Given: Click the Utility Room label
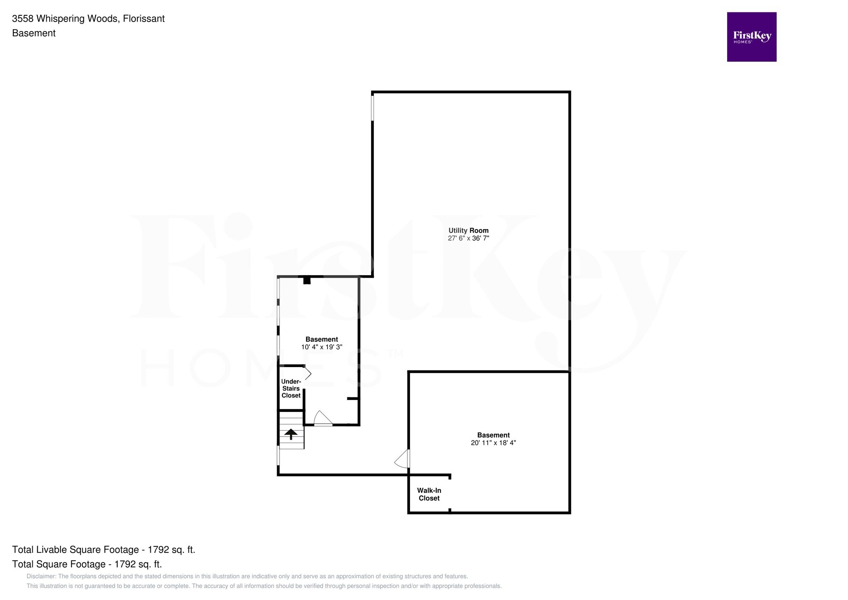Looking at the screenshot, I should pyautogui.click(x=468, y=230).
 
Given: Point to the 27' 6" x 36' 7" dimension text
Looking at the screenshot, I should pyautogui.click(x=468, y=238).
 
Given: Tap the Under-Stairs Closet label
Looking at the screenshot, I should pyautogui.click(x=291, y=388).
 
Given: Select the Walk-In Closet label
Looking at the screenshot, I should pyautogui.click(x=429, y=494).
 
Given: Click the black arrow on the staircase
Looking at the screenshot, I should pyautogui.click(x=291, y=434).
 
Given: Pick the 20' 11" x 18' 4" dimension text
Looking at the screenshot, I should pyautogui.click(x=493, y=443).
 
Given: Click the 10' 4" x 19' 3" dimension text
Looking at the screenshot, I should pyautogui.click(x=322, y=347).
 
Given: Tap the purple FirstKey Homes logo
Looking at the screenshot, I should pyautogui.click(x=752, y=37).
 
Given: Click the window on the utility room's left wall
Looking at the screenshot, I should pyautogui.click(x=372, y=108).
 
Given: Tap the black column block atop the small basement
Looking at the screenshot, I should pyautogui.click(x=307, y=281).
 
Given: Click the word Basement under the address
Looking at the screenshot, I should pyautogui.click(x=34, y=33).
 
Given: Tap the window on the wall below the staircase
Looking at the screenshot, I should pyautogui.click(x=278, y=455).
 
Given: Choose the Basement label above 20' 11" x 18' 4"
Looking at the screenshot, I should pyautogui.click(x=493, y=435).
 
